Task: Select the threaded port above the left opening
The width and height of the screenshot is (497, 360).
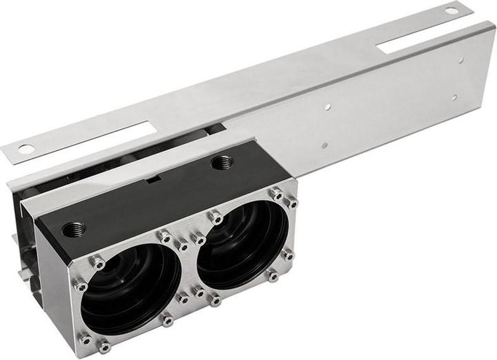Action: pyautogui.click(x=74, y=228)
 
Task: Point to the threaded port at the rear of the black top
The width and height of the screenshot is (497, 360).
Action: pyautogui.click(x=222, y=163)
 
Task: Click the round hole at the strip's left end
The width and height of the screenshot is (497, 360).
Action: pyautogui.click(x=26, y=148)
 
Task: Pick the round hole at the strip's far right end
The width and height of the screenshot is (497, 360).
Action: pyautogui.click(x=451, y=10)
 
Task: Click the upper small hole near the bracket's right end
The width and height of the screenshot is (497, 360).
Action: pyautogui.click(x=460, y=60)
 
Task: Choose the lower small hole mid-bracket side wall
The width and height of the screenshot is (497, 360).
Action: pyautogui.click(x=323, y=146)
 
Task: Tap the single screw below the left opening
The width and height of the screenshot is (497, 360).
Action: pyautogui.click(x=166, y=320)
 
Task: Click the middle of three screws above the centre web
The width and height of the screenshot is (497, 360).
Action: pyautogui.click(x=182, y=243)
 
